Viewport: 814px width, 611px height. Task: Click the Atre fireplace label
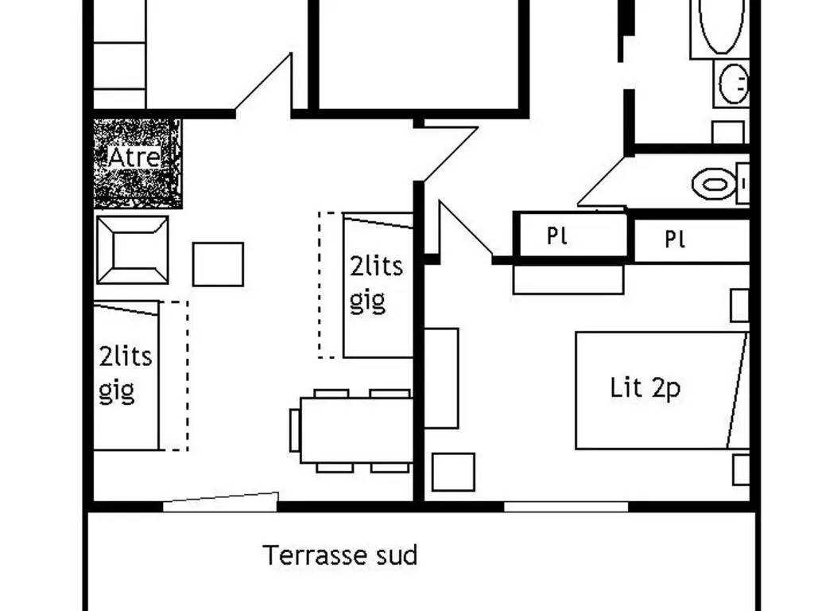point(134,157)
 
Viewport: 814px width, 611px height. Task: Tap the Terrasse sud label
point(340,555)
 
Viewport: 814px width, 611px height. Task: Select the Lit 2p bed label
point(645,388)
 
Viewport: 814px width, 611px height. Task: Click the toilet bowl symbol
point(715,184)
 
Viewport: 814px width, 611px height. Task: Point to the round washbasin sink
point(734,83)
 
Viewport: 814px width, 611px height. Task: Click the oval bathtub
point(721,26)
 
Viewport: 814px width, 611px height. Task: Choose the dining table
point(357,430)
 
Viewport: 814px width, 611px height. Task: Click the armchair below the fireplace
point(133,250)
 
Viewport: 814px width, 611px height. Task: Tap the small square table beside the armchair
point(218,264)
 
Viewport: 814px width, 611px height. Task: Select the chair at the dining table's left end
point(295,430)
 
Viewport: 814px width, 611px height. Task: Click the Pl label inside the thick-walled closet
point(557,236)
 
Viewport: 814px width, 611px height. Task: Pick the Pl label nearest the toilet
point(675,239)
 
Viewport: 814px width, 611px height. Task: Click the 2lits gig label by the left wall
point(125,373)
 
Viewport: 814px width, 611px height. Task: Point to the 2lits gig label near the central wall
point(376,284)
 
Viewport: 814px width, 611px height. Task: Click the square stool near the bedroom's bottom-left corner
point(453,472)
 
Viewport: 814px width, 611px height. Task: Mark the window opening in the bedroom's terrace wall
point(566,507)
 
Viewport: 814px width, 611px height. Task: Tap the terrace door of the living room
point(221,502)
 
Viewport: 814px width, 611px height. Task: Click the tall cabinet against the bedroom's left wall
point(441,378)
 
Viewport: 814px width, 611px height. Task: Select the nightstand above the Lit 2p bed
point(739,306)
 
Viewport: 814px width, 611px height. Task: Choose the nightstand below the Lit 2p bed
point(741,469)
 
